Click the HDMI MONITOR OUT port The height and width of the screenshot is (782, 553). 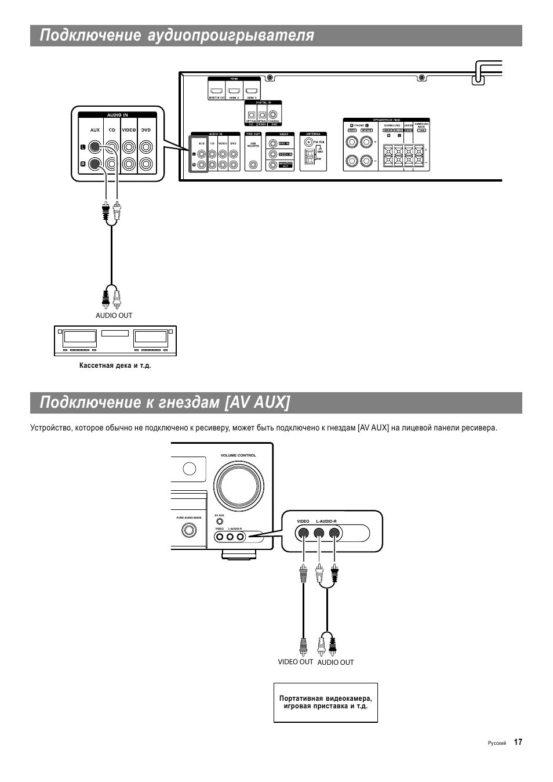point(217,91)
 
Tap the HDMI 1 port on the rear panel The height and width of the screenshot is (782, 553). point(251,91)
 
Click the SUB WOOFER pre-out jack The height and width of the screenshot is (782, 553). point(253,164)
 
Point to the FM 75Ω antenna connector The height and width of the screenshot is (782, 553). point(308,142)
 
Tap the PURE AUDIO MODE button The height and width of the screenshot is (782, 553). point(188,530)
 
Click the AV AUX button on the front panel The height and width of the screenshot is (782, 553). point(220,521)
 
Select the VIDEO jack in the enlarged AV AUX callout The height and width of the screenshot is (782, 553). point(303,534)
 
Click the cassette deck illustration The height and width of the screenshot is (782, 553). point(115,341)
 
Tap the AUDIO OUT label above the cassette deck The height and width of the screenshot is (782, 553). point(114,316)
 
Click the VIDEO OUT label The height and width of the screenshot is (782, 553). point(295,662)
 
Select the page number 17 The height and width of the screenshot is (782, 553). point(518,742)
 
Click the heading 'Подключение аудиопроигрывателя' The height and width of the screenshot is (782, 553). point(177,36)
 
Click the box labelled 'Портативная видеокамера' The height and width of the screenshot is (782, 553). point(326,703)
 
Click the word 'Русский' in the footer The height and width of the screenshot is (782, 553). point(497,743)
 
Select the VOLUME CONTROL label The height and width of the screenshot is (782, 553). point(238,455)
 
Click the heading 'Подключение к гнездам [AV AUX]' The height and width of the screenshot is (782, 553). point(165,403)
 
